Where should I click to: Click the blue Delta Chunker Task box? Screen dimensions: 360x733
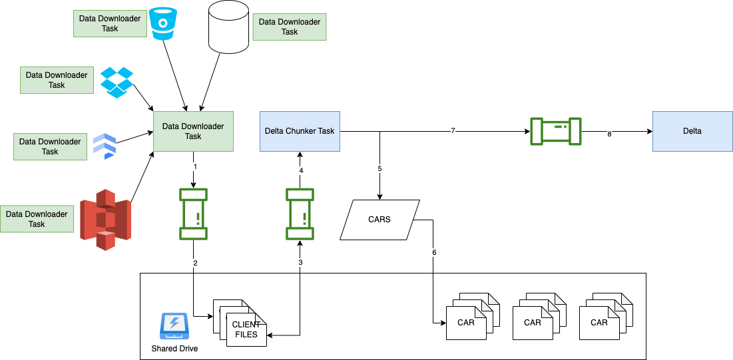(x=300, y=131)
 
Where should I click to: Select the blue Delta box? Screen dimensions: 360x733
(x=692, y=131)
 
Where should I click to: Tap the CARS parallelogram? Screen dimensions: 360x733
(x=379, y=220)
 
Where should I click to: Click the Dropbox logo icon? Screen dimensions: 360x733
(x=117, y=82)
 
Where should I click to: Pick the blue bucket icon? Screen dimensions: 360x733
(x=162, y=23)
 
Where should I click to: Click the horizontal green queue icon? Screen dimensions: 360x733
(x=556, y=131)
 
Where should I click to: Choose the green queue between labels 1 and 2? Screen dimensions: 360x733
(x=194, y=214)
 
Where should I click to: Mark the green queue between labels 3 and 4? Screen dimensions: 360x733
(x=300, y=214)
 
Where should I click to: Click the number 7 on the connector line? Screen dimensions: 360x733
(x=453, y=131)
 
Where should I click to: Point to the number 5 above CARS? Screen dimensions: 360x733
(x=379, y=169)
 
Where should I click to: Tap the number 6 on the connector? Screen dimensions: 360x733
(x=434, y=253)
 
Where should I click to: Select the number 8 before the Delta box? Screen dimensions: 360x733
(x=609, y=134)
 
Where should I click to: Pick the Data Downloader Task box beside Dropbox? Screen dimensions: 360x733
(x=57, y=81)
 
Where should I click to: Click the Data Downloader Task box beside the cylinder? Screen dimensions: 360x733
(x=290, y=27)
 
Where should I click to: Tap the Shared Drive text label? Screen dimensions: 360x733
(x=174, y=349)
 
